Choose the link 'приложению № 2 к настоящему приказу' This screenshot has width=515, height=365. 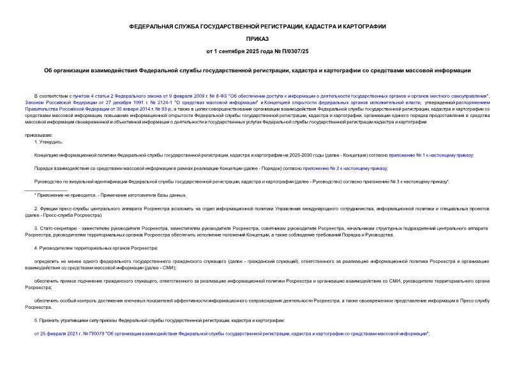pyautogui.click(x=345, y=168)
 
